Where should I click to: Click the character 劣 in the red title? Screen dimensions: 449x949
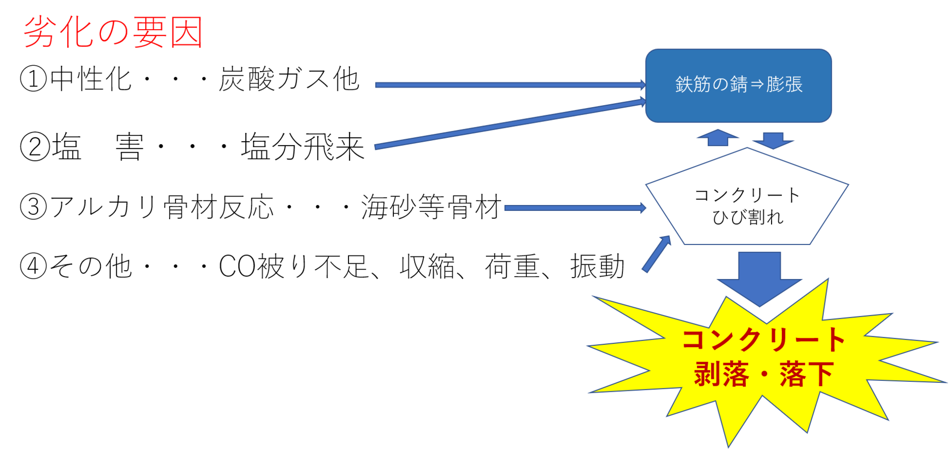point(41,32)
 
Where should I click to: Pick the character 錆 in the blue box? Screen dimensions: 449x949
point(738,84)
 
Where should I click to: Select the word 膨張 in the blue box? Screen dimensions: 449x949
point(784,84)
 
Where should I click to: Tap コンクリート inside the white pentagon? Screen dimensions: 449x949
point(747,195)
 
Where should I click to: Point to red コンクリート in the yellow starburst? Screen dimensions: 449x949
point(764,340)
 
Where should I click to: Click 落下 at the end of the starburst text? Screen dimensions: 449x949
point(807,374)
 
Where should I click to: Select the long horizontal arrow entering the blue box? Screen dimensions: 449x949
point(509,85)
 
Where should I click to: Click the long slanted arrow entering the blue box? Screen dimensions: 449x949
point(509,123)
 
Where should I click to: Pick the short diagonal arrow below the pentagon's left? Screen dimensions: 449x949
point(656,254)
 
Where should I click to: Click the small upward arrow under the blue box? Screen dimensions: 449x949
point(718,138)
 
